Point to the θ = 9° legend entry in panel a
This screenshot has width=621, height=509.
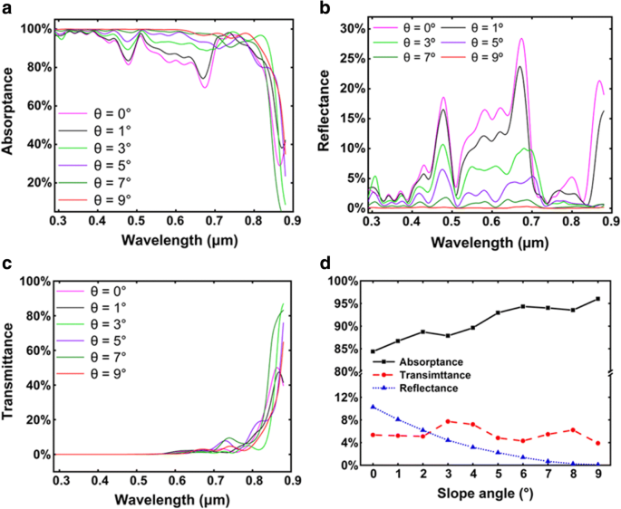99,198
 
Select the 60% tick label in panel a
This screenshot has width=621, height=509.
34,106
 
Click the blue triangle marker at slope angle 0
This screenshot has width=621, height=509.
373,407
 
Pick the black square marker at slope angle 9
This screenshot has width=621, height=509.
598,299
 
